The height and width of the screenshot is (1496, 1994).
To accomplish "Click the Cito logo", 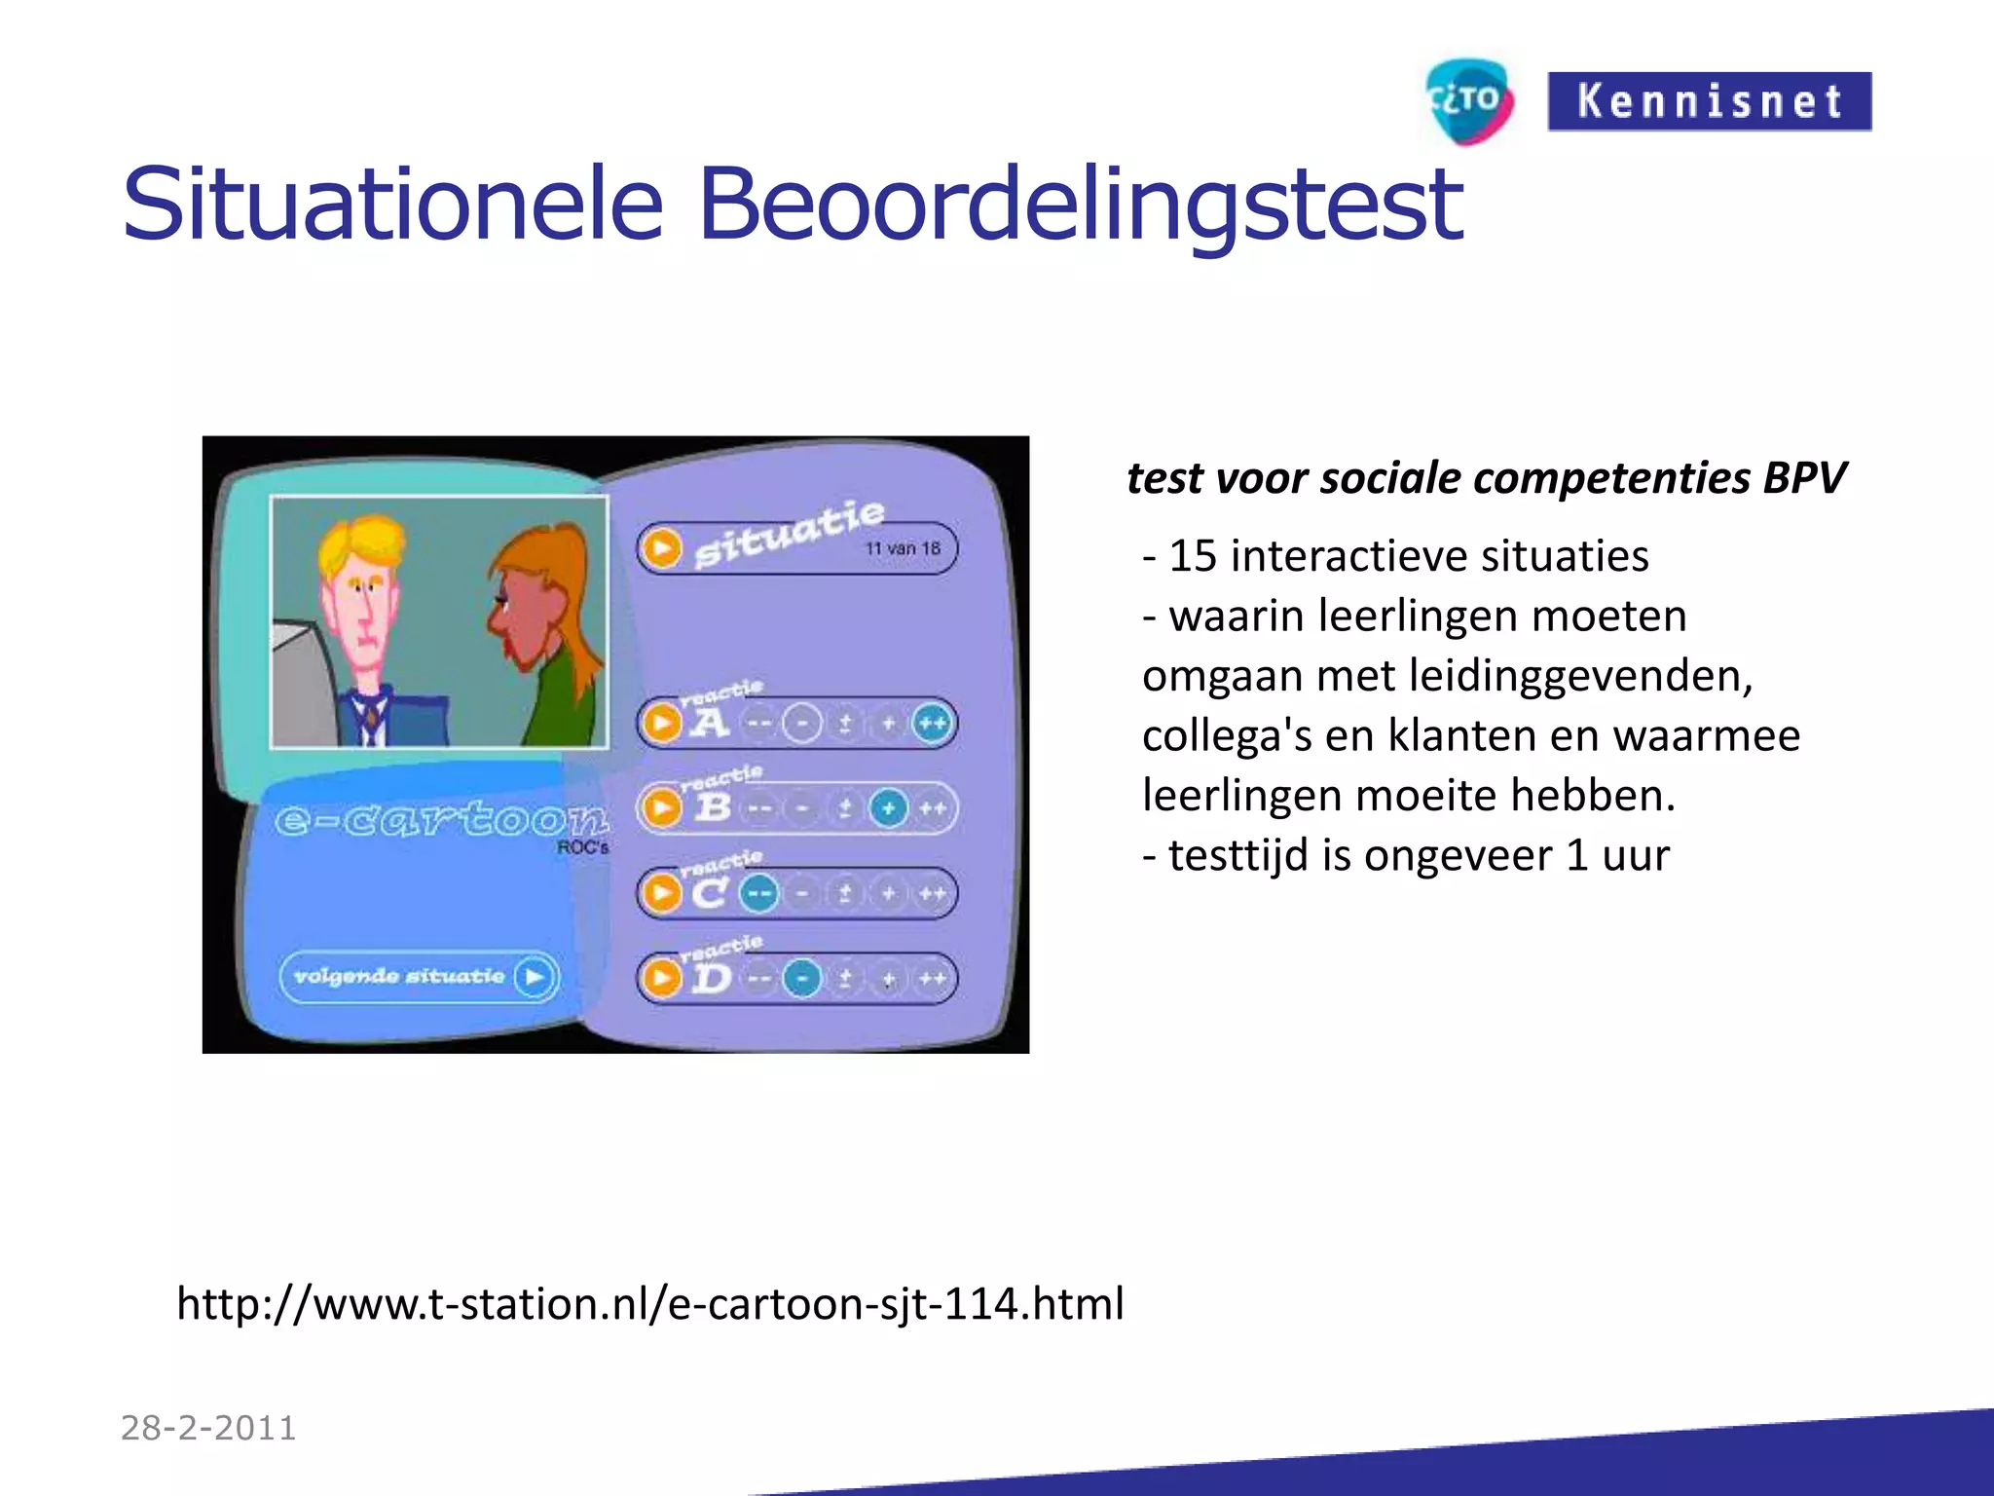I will tap(1469, 101).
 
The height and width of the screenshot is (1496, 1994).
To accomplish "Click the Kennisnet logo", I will tap(1709, 101).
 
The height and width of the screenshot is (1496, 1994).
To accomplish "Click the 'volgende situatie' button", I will tap(419, 977).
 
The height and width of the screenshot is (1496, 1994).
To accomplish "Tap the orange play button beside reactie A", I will tap(662, 724).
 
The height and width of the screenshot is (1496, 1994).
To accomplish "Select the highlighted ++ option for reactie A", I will tap(932, 724).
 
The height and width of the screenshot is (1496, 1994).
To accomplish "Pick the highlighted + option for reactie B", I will tap(888, 808).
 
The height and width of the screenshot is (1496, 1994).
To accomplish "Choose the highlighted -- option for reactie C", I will tap(759, 893).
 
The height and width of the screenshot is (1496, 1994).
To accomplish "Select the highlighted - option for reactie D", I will tap(802, 978).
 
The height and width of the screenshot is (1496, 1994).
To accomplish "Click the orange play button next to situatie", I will tap(662, 548).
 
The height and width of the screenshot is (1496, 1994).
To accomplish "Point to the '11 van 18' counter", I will tap(903, 548).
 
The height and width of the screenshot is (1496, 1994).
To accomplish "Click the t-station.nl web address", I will tap(649, 1303).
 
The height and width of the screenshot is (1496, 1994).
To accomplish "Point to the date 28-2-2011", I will tap(208, 1428).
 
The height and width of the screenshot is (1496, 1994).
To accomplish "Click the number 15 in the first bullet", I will tap(1193, 556).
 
